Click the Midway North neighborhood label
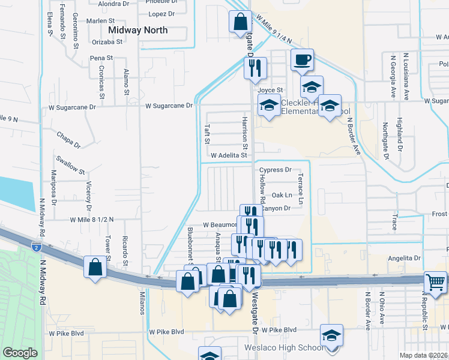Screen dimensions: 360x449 pos(137,29)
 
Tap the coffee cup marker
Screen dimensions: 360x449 pos(302,60)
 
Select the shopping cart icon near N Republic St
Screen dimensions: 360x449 pos(435,282)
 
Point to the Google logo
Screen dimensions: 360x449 pos(20,353)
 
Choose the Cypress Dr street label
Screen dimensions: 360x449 pos(275,170)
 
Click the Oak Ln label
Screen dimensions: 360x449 pos(282,195)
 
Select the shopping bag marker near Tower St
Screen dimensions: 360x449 pos(95,268)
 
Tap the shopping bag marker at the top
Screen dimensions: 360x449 pos(240,22)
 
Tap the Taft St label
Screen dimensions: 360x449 pos(206,134)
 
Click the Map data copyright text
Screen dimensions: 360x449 pos(423,355)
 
